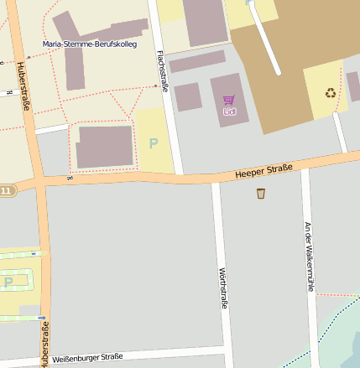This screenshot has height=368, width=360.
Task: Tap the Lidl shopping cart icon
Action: (x=228, y=100)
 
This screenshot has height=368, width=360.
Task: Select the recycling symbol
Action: (x=331, y=93)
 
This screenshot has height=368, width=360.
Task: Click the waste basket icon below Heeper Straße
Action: (x=261, y=194)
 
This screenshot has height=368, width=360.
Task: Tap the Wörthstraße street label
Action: (x=223, y=288)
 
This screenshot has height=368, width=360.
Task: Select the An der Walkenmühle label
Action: (x=309, y=257)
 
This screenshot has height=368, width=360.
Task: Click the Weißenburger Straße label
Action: (x=87, y=357)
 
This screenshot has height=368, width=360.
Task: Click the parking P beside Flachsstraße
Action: (x=153, y=143)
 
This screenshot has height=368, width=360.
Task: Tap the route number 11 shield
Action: (x=6, y=191)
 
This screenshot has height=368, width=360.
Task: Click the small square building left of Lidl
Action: (x=188, y=96)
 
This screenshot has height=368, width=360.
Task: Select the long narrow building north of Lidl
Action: (x=196, y=61)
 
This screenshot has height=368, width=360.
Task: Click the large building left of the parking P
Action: (x=105, y=147)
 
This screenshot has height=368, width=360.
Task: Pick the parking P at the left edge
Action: (x=8, y=282)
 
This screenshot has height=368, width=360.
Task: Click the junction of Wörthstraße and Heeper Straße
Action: (x=216, y=179)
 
